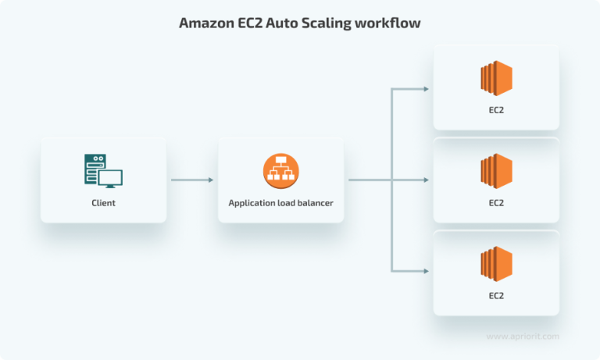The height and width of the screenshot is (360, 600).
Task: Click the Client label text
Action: click(x=103, y=203)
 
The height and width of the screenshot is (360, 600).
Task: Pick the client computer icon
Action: click(x=103, y=171)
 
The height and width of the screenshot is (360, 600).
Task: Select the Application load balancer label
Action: click(x=280, y=203)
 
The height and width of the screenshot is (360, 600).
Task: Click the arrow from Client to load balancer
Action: click(x=191, y=180)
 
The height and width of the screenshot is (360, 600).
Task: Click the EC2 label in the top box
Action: click(x=496, y=110)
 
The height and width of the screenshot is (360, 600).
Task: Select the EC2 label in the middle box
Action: click(x=496, y=203)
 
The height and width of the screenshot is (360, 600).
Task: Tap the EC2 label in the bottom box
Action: click(x=496, y=296)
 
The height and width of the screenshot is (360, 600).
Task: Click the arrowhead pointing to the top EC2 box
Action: click(x=425, y=88)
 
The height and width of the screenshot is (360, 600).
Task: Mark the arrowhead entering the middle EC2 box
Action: click(x=425, y=180)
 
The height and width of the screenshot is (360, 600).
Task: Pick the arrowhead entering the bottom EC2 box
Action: click(x=425, y=272)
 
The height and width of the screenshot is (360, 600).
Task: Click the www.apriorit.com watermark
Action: click(x=523, y=336)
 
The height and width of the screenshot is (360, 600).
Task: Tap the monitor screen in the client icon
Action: click(x=109, y=177)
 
